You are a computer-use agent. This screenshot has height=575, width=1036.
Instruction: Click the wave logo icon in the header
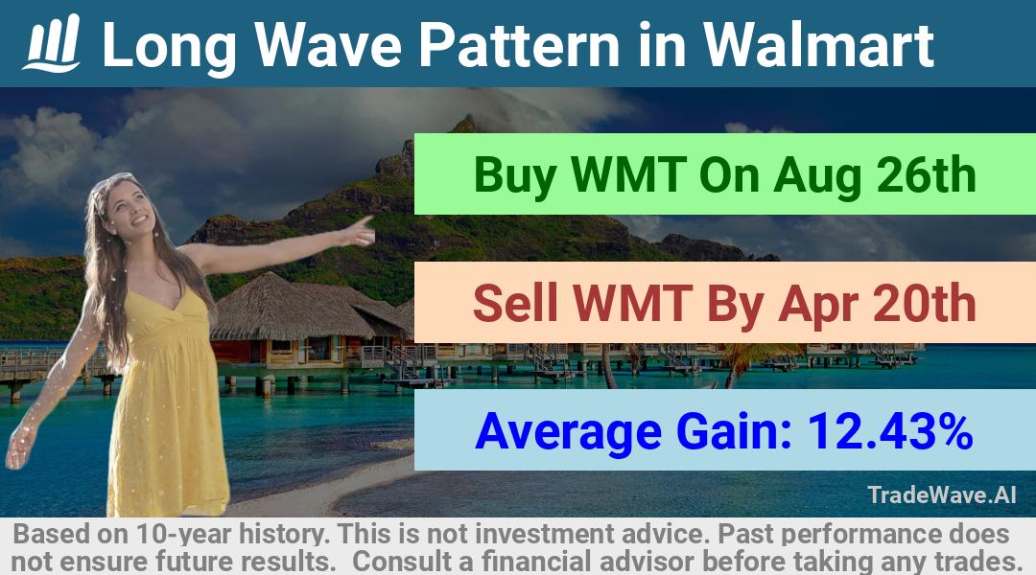point(52,43)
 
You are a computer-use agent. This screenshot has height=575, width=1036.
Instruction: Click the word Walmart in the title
point(818,45)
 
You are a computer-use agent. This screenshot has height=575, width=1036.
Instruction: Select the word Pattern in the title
point(519,45)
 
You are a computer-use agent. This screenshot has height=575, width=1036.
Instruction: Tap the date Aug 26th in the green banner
point(875,176)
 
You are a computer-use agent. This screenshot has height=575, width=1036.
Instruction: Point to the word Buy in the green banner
point(515,176)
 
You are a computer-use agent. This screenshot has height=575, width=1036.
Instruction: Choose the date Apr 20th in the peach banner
point(877,305)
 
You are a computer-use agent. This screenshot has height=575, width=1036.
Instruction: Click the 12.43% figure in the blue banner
point(890,431)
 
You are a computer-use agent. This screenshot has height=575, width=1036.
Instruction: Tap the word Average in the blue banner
point(568,432)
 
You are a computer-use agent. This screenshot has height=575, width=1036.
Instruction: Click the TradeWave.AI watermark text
point(942,494)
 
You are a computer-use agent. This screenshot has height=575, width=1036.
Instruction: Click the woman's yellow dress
point(165,402)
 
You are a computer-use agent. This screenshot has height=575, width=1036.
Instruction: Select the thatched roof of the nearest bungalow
point(291,308)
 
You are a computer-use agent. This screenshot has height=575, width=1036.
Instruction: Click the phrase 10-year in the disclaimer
point(185,534)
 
